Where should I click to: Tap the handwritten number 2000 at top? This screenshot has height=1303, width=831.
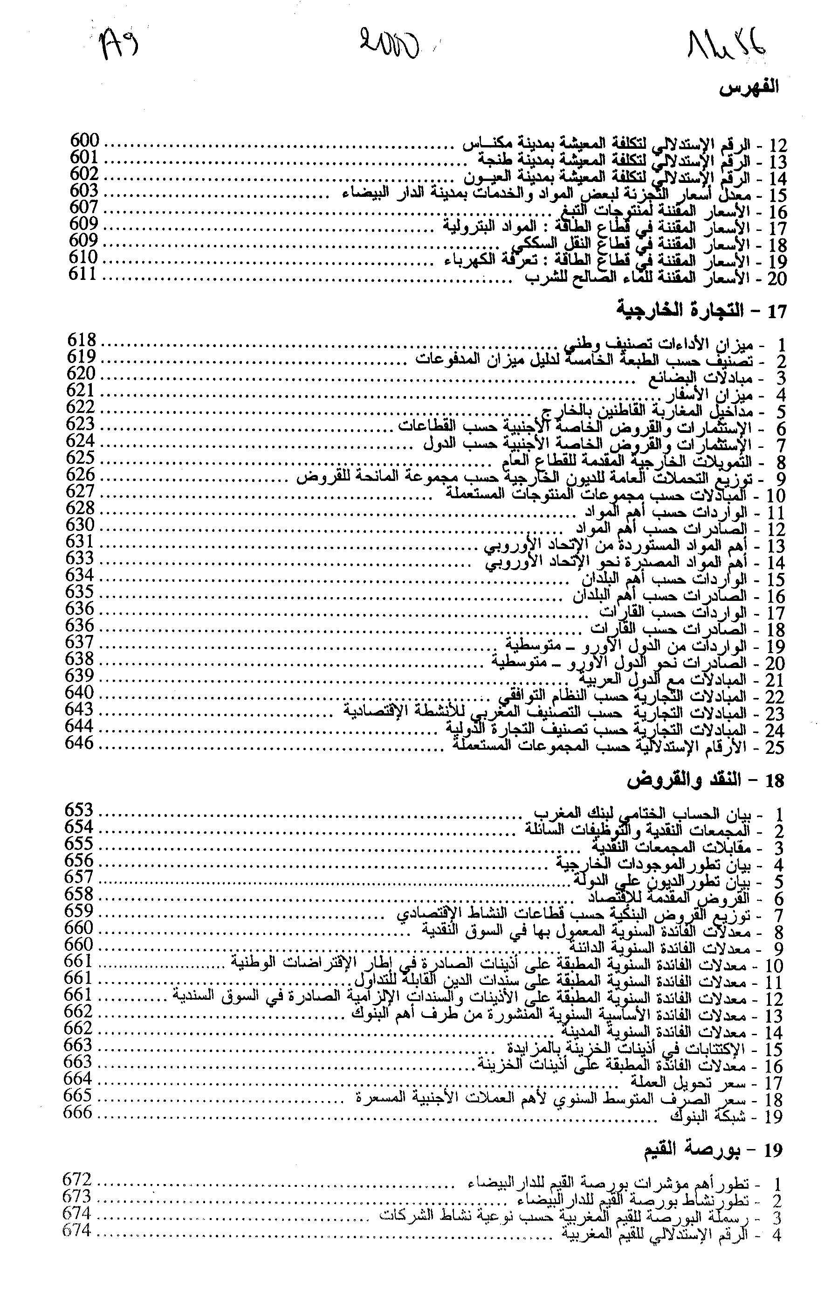coord(389,44)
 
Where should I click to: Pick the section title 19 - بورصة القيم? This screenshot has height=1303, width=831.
coord(713,1149)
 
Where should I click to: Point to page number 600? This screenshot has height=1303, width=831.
coord(85,141)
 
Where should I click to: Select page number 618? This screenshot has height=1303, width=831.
coord(82,341)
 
